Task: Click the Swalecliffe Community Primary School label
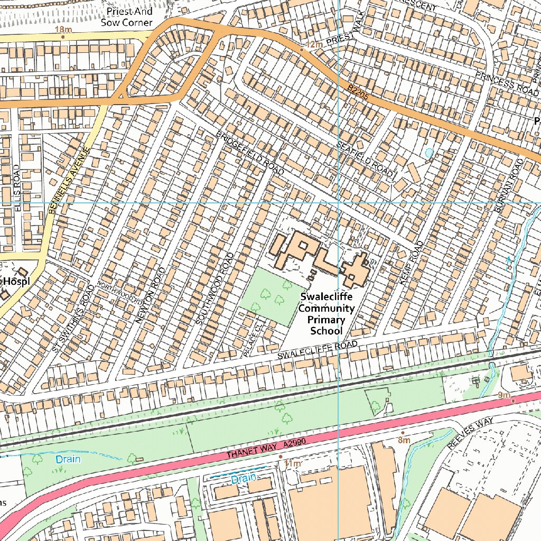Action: pyautogui.click(x=326, y=313)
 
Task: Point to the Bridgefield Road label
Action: pyautogui.click(x=250, y=153)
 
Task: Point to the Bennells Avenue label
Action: pyautogui.click(x=67, y=181)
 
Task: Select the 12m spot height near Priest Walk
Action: pyautogui.click(x=314, y=45)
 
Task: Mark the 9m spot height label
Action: pyautogui.click(x=503, y=396)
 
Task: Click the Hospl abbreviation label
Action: pyautogui.click(x=15, y=282)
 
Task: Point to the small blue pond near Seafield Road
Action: pyautogui.click(x=428, y=153)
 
